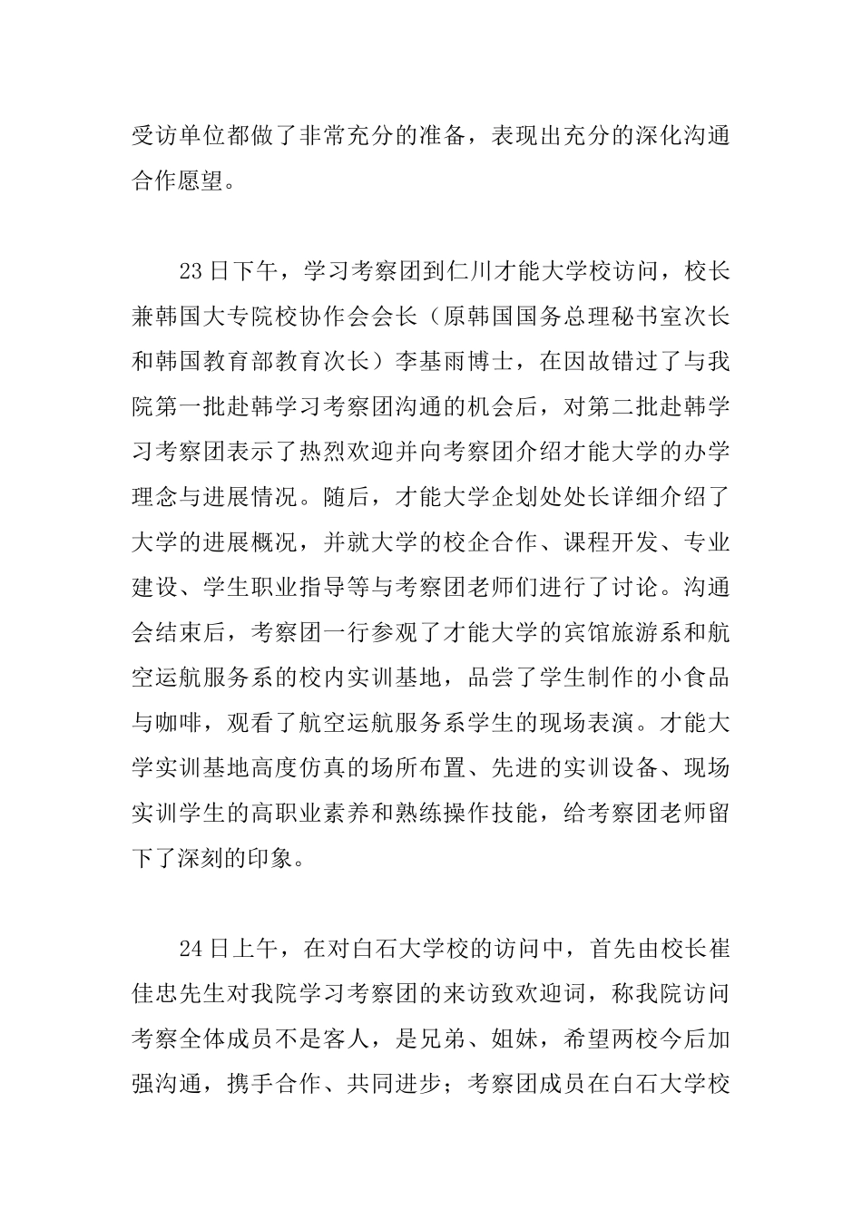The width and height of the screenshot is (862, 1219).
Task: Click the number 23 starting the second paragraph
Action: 191,272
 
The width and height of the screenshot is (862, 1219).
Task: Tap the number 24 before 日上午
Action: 191,950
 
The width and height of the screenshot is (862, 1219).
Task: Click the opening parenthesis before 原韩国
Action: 439,317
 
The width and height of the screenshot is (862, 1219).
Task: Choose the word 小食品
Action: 695,678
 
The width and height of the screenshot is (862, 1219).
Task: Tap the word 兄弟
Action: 504,1039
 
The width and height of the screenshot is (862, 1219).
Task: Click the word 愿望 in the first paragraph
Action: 200,181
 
